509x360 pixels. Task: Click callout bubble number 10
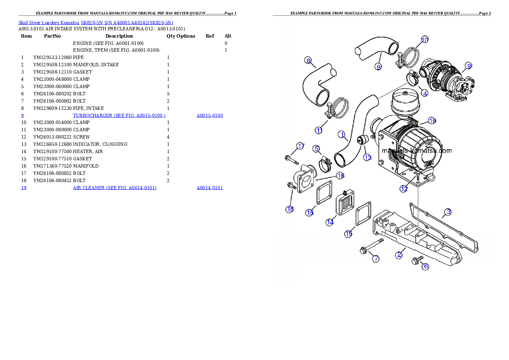tap(425, 40)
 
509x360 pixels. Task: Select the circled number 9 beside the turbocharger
tap(469, 66)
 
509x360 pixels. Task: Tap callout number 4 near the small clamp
tap(425, 92)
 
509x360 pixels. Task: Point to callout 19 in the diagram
tap(432, 121)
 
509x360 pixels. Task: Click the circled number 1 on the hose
tap(342, 135)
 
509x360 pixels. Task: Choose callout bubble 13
tap(368, 157)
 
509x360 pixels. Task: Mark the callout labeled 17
tap(301, 146)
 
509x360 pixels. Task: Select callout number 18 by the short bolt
tap(290, 209)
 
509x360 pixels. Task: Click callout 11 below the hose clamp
tap(319, 130)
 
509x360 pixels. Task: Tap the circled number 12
tap(404, 189)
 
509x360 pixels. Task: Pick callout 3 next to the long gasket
tap(448, 212)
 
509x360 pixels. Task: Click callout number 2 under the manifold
tap(399, 255)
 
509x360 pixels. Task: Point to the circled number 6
tap(425, 266)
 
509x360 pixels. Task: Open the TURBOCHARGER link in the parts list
tap(119, 115)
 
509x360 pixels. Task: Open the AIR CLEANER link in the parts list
tap(115, 188)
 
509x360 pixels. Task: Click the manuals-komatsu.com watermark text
tap(416, 150)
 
